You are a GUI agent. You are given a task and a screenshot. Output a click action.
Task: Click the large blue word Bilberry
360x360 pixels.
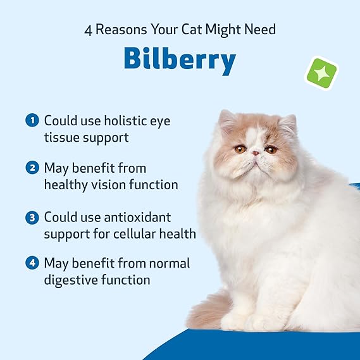[x=180, y=60]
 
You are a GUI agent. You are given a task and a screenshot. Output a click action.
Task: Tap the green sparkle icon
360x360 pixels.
[x=321, y=73]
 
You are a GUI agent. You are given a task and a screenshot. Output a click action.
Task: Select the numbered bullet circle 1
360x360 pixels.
[x=32, y=120]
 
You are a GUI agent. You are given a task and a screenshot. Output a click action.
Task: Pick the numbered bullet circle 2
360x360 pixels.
[x=32, y=168]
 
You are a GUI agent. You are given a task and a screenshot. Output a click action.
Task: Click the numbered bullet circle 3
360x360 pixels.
[x=32, y=217]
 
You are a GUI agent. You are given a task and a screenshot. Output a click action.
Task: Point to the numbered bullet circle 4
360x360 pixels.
[x=32, y=263]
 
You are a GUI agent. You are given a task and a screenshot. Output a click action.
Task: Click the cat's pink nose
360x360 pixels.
[x=256, y=153]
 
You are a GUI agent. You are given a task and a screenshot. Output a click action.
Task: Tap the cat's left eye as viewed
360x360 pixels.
[x=240, y=149]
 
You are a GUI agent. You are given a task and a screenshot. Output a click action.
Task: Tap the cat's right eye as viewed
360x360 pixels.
[x=271, y=150]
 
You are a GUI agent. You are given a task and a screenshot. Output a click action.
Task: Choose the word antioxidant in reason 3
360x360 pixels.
[x=137, y=217]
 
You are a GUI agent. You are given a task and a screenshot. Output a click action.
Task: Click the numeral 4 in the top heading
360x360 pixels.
[x=88, y=31]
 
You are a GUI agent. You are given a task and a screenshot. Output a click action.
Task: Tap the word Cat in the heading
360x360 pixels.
[x=192, y=29]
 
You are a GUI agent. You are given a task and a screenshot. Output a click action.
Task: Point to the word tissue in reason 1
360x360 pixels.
[x=62, y=137]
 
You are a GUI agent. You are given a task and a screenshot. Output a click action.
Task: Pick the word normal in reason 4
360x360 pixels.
[x=170, y=263]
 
